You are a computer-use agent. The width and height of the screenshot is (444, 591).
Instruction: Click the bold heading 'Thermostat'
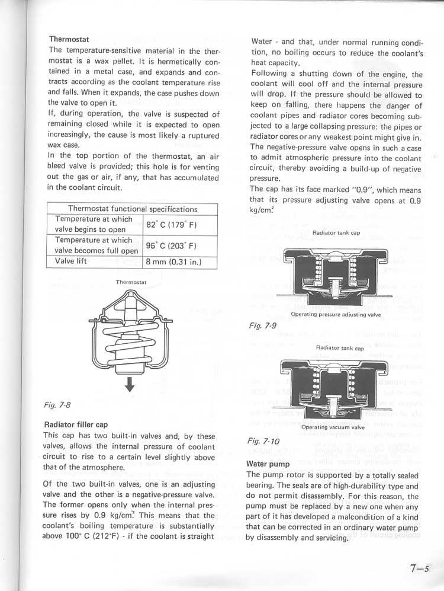[x=69, y=39]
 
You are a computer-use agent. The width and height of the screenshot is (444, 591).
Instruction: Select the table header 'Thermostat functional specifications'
[x=133, y=209]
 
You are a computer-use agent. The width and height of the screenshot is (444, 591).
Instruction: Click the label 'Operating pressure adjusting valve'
[x=336, y=315]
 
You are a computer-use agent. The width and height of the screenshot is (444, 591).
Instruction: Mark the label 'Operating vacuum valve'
[x=333, y=427]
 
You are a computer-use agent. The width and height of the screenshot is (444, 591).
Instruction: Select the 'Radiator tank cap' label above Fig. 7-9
[x=336, y=233]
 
